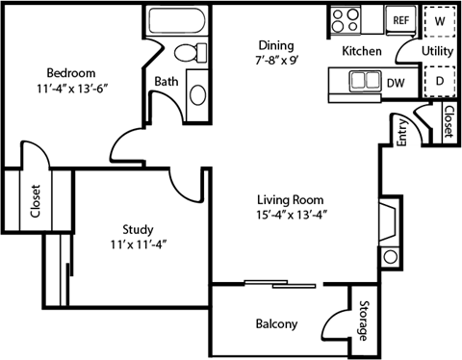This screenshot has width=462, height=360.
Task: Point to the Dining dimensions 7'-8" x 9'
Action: [281, 61]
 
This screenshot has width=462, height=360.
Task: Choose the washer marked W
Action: [440, 19]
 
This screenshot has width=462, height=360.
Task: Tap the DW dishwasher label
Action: [396, 84]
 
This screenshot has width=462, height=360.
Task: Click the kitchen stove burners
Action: [345, 20]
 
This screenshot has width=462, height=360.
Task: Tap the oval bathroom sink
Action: [195, 93]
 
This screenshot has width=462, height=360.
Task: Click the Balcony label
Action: [276, 323]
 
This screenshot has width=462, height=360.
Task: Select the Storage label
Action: [362, 322]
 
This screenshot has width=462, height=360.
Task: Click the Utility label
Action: [438, 50]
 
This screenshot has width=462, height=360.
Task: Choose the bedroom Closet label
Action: [36, 203]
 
